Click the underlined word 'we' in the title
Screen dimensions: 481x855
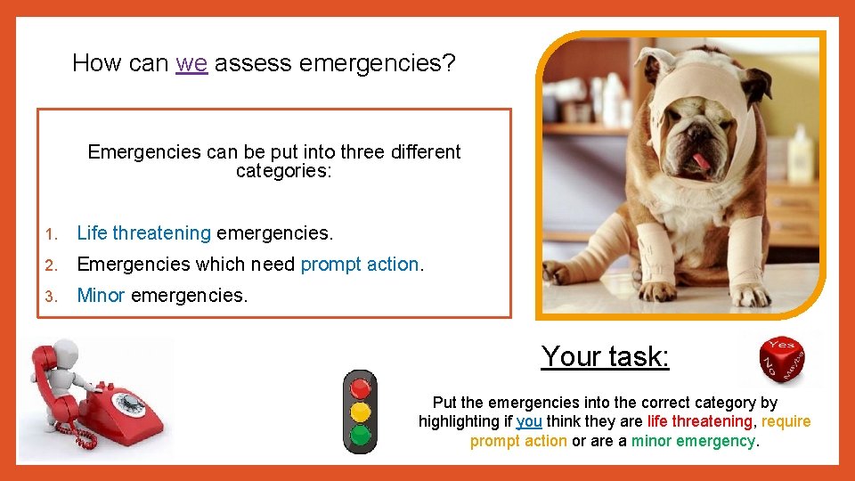(x=191, y=63)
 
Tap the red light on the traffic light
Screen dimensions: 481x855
(x=360, y=389)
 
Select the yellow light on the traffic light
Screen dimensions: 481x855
(x=360, y=412)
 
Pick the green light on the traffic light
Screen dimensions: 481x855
(x=360, y=435)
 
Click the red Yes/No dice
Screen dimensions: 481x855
(x=782, y=360)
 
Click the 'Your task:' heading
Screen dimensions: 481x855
(x=605, y=356)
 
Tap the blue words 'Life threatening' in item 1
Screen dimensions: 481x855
(x=143, y=233)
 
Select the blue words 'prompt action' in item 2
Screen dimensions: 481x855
(x=359, y=265)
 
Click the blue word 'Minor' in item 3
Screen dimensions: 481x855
(x=101, y=295)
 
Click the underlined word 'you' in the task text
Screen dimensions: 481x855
(x=529, y=421)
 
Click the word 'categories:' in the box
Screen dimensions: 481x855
(x=283, y=171)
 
